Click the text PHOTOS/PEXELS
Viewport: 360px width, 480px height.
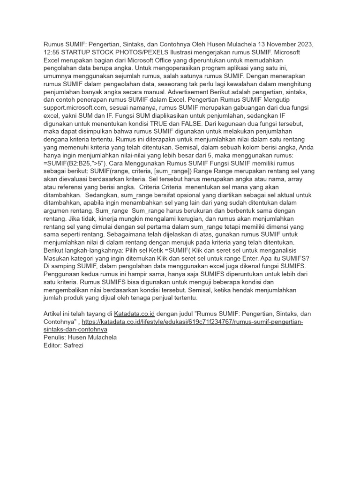tap(145, 52)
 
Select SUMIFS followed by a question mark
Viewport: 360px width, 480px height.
tap(293, 258)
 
